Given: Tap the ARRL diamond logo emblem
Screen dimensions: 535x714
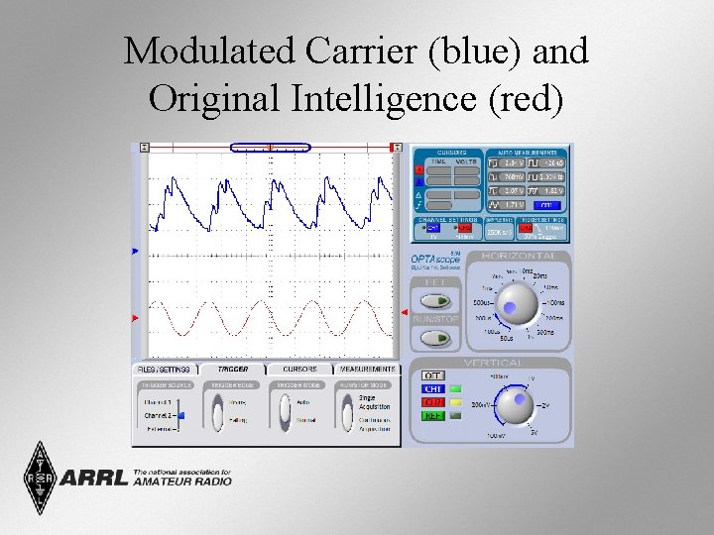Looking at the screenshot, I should tap(40, 477).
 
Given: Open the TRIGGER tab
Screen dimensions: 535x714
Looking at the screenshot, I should tap(233, 369).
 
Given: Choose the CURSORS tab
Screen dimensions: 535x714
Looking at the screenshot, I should tap(299, 369).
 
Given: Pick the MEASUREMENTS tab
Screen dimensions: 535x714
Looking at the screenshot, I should tap(367, 369).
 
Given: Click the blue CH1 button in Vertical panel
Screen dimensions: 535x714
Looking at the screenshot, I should tap(433, 389).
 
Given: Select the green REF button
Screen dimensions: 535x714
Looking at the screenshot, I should tap(433, 416).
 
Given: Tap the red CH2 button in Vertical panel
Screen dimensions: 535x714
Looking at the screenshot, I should tap(433, 403).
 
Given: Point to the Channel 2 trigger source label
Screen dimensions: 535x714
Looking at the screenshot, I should tap(158, 416).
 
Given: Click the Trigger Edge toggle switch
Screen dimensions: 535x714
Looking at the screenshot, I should tap(217, 411).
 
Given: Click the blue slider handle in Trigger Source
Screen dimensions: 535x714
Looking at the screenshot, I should tap(181, 416).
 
